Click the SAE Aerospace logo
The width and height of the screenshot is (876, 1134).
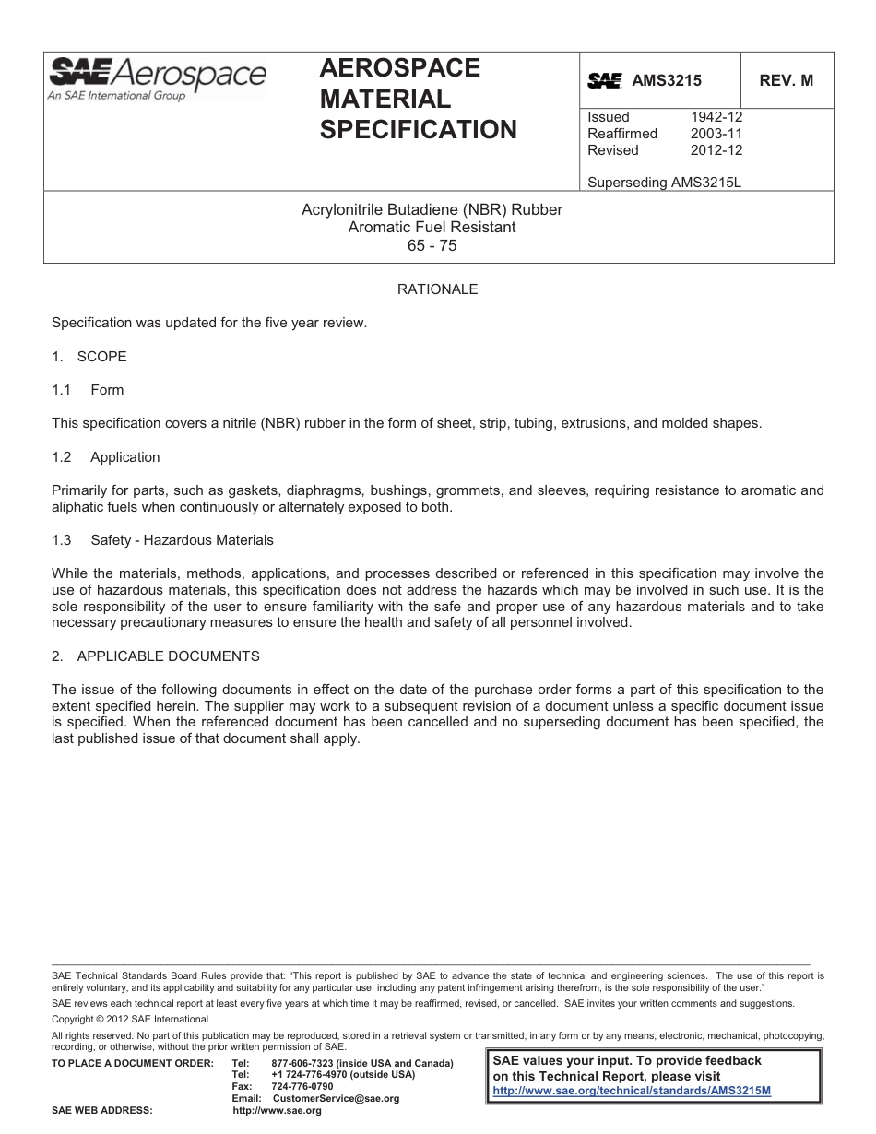pyautogui.click(x=157, y=77)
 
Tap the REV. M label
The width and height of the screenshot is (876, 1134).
pyautogui.click(x=786, y=80)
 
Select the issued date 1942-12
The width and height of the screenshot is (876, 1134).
pyautogui.click(x=716, y=117)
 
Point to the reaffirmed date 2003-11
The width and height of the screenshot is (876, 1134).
pyautogui.click(x=716, y=134)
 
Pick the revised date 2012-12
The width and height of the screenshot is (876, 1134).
pyautogui.click(x=716, y=150)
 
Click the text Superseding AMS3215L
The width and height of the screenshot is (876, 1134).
pyautogui.click(x=664, y=183)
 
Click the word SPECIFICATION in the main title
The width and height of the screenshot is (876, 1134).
pyautogui.click(x=418, y=130)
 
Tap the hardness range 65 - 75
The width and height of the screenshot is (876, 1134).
pyautogui.click(x=432, y=246)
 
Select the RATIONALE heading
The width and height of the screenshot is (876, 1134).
pyautogui.click(x=437, y=289)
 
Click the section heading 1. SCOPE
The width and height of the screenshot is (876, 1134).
pyautogui.click(x=89, y=357)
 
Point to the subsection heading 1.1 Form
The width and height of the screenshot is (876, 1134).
pyautogui.click(x=88, y=390)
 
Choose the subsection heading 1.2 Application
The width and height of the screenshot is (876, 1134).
pyautogui.click(x=106, y=457)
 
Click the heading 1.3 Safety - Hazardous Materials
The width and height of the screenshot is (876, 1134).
pyautogui.click(x=162, y=540)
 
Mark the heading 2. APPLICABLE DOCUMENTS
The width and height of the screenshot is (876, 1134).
pyautogui.click(x=156, y=656)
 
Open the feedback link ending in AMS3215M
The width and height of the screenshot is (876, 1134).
pyautogui.click(x=632, y=1090)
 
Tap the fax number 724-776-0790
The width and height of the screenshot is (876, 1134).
pyautogui.click(x=302, y=1086)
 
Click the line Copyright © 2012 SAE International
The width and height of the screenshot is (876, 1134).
pyautogui.click(x=130, y=1019)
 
